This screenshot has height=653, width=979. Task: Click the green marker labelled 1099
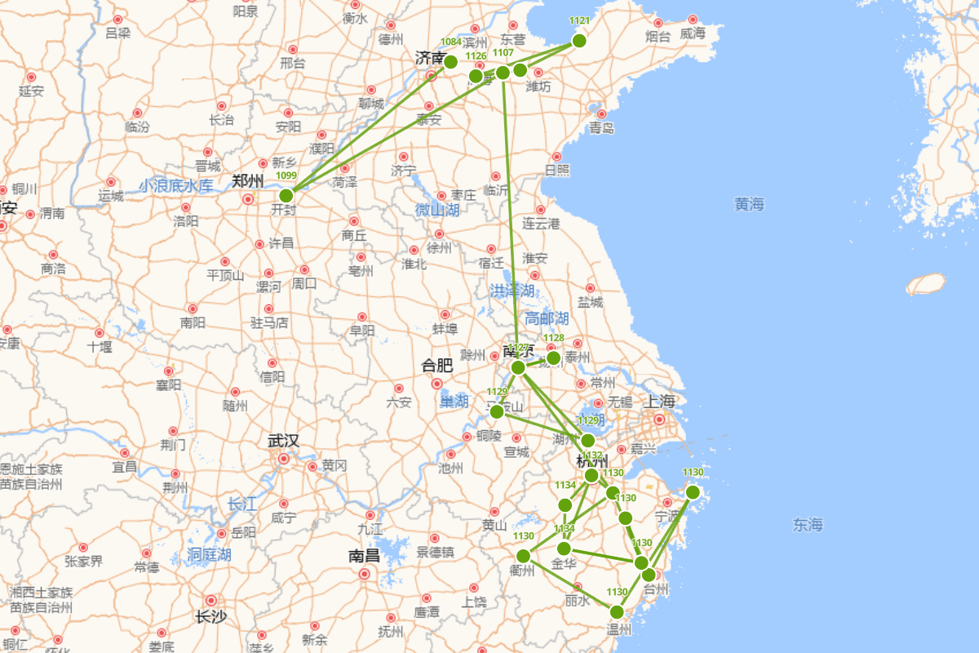[x=286, y=195]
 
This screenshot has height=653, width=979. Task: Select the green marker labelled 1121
[x=579, y=41]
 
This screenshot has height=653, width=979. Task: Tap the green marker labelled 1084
[x=450, y=61]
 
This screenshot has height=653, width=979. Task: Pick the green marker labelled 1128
[x=553, y=358]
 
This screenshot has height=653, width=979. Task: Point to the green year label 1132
[x=591, y=455]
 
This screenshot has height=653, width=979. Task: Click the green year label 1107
[x=503, y=52]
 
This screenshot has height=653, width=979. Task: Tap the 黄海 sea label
[x=749, y=204]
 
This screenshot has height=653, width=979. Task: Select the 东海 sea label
[x=808, y=525]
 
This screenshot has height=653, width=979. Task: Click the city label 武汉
[x=283, y=441]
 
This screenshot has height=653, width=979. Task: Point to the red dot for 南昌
[x=365, y=574]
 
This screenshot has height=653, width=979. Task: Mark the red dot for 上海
[x=659, y=420]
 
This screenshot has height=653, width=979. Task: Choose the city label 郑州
[x=248, y=181]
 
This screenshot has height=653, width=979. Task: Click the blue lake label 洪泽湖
[x=512, y=290]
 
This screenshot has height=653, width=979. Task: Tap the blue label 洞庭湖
[x=209, y=554]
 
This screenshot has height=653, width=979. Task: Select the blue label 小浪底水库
[x=175, y=186]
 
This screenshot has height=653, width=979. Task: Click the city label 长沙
[x=210, y=617]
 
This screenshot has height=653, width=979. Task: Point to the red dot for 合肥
[x=437, y=384]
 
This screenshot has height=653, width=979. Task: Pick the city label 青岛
[x=601, y=128]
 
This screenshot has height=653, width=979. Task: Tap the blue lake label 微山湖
[x=437, y=210]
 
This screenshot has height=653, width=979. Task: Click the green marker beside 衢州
[x=524, y=556]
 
